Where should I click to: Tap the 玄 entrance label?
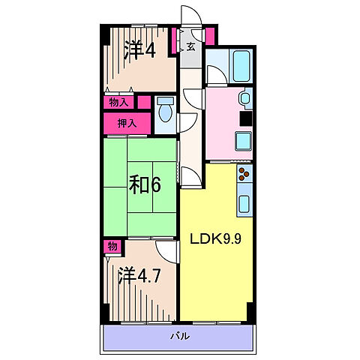pos(190,47)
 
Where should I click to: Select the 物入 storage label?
pos(118,102)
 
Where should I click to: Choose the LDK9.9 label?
pos(215,241)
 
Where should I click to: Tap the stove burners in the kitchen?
pos(244,177)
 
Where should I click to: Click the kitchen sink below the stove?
pos(244,202)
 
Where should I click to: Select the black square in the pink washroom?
pos(245,118)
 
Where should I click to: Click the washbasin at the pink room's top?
pos(246,98)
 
